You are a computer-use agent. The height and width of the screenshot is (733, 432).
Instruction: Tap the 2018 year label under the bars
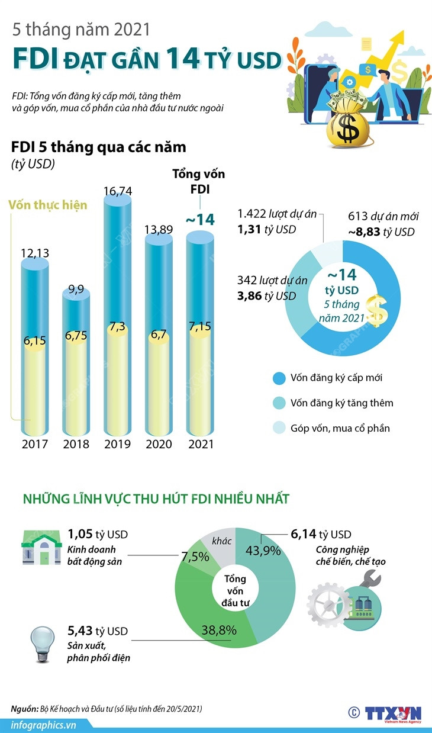(76, 444)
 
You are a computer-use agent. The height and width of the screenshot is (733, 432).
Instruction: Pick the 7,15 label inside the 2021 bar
(199, 327)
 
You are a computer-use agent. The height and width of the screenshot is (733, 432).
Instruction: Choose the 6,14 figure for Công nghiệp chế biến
(302, 533)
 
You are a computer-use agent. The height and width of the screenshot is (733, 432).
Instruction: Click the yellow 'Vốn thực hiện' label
(48, 205)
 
